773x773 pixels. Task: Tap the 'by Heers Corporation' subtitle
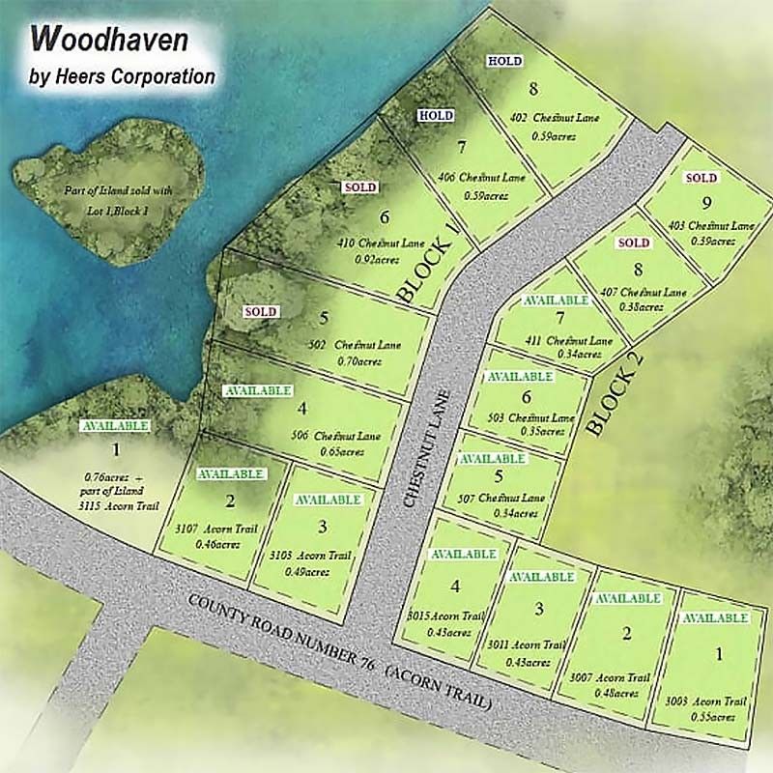coord(123,76)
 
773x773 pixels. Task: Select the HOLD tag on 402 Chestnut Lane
coord(504,61)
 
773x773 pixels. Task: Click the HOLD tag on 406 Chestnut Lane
coord(435,116)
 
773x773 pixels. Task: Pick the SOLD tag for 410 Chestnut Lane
coord(358,187)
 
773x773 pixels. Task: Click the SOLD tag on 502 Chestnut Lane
coord(261,312)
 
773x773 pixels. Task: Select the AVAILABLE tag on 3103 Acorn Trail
coord(328,500)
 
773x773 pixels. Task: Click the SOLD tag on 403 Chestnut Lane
coord(701,178)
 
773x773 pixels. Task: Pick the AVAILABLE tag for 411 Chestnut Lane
coord(556,301)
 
